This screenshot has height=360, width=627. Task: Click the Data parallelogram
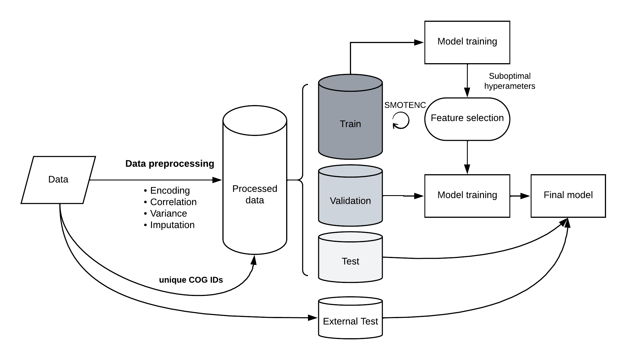[58, 180]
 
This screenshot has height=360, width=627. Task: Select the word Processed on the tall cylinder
[255, 189]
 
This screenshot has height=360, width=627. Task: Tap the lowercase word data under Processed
[255, 200]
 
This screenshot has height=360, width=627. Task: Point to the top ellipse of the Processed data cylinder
[255, 121]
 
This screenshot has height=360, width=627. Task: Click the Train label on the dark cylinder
[350, 124]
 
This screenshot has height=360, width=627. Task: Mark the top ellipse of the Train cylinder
[350, 83]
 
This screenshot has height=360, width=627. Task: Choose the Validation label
[350, 201]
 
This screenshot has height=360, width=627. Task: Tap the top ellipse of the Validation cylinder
[350, 172]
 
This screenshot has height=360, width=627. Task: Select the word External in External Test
[336, 321]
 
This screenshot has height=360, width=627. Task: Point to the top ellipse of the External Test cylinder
[350, 301]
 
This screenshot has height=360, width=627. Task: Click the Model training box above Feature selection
[467, 42]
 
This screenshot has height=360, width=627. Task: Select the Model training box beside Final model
[467, 196]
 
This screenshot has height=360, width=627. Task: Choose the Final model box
[568, 196]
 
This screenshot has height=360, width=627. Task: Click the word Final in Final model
[553, 195]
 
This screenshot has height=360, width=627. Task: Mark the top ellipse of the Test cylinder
[350, 237]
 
